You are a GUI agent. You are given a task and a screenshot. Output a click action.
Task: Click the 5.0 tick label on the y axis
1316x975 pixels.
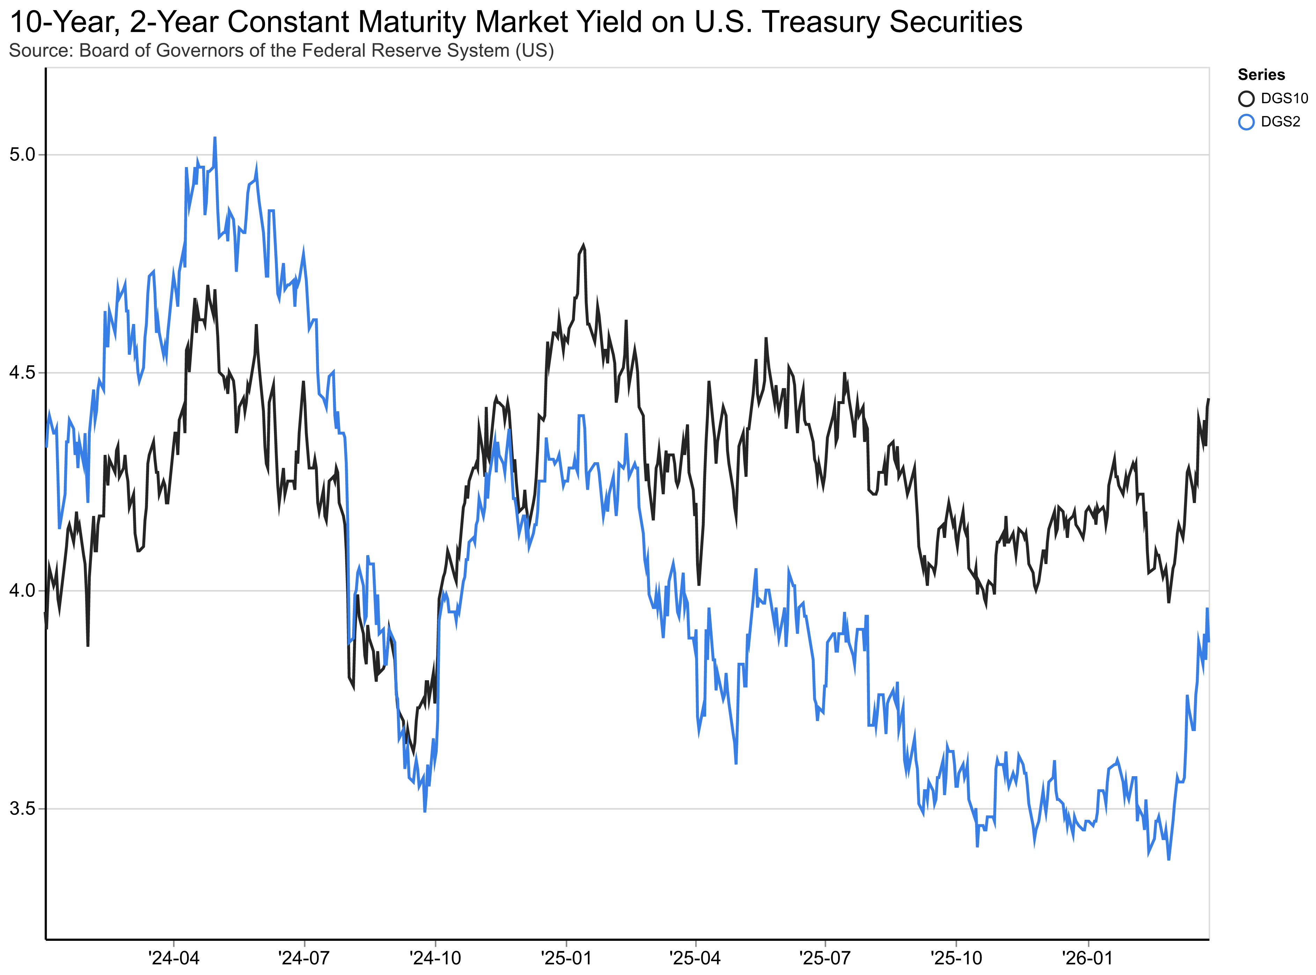pos(22,155)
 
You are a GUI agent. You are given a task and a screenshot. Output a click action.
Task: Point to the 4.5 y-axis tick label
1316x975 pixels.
pos(22,373)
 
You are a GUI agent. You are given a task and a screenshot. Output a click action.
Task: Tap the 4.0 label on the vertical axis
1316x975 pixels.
pos(22,591)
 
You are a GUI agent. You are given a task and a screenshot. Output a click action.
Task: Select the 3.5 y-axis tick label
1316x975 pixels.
pos(22,809)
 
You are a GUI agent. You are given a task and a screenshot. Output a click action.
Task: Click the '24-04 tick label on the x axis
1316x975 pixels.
pos(173,957)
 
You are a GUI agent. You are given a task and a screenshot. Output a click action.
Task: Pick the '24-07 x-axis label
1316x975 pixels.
pos(304,957)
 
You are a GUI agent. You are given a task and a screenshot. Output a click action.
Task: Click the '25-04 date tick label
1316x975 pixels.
pos(695,957)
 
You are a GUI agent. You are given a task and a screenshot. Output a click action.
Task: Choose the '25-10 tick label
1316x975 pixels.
pos(956,957)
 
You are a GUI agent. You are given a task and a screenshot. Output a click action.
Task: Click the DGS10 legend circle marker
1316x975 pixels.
pos(1246,99)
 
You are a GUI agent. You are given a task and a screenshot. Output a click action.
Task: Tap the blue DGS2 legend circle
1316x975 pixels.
pos(1246,122)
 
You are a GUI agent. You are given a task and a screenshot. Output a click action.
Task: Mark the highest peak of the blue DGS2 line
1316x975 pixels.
pos(215,138)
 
